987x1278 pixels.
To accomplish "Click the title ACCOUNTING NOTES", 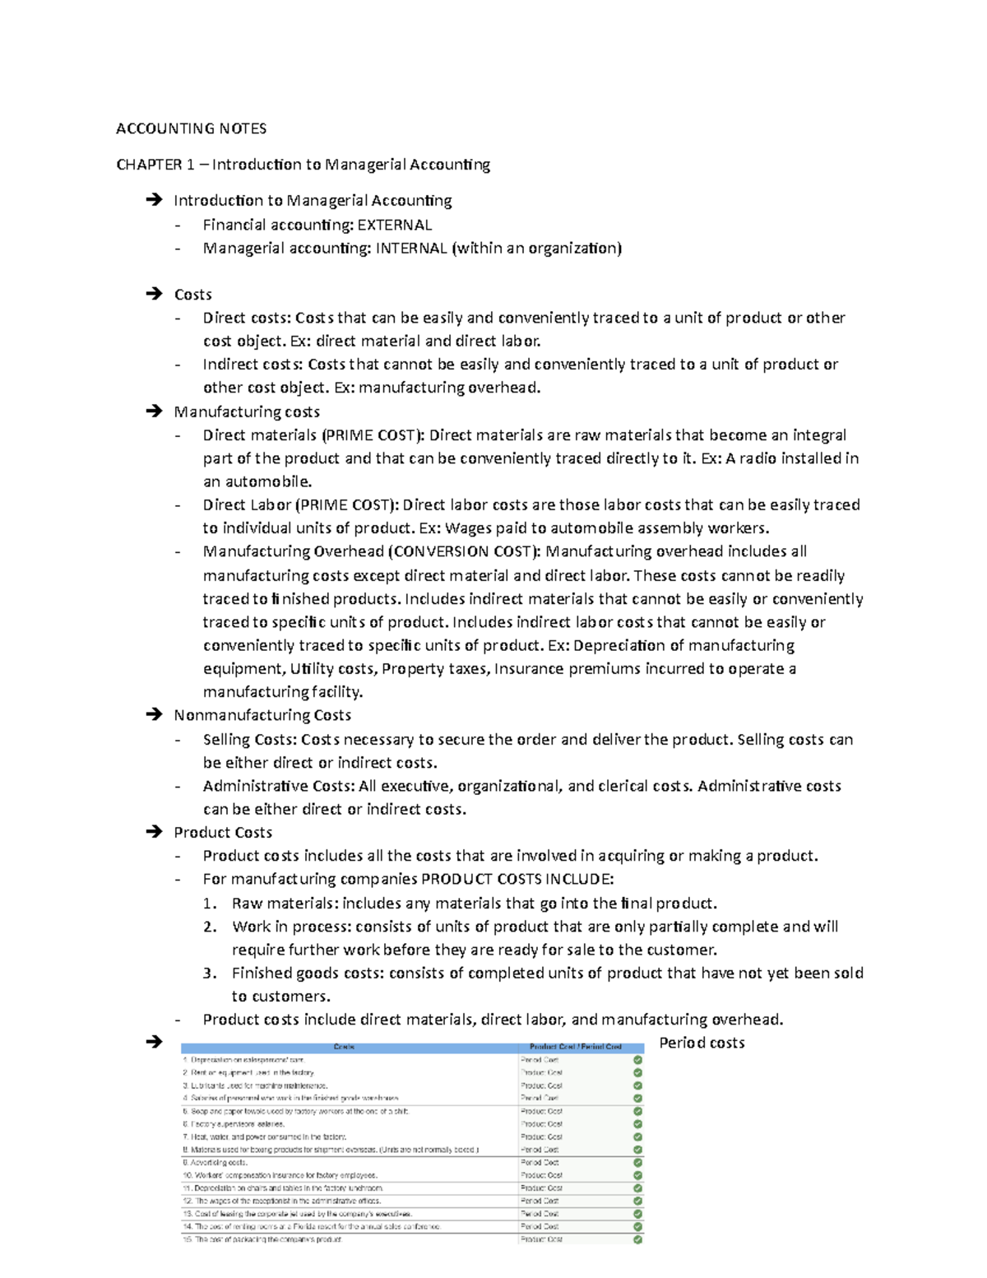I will click(191, 128).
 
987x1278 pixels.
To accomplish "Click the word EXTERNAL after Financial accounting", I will click(394, 225).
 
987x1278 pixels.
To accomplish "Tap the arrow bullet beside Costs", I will click(153, 295).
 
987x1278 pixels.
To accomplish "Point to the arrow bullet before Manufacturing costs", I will click(153, 411).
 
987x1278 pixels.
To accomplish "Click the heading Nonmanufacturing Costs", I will click(262, 715).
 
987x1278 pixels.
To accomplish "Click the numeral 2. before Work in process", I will click(210, 927).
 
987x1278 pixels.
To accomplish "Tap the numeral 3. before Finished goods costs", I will click(210, 973).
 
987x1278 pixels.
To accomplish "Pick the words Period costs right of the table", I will click(702, 1043).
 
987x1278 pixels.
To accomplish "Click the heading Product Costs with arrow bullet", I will click(223, 832).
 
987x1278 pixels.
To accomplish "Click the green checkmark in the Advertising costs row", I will click(637, 1163).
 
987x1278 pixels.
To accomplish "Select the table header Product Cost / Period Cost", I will click(576, 1047).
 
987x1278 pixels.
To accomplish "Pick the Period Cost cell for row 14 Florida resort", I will click(540, 1226).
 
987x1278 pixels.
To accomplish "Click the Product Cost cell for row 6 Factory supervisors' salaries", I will click(542, 1124).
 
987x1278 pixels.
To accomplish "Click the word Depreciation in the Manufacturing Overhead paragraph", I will click(614, 645).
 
